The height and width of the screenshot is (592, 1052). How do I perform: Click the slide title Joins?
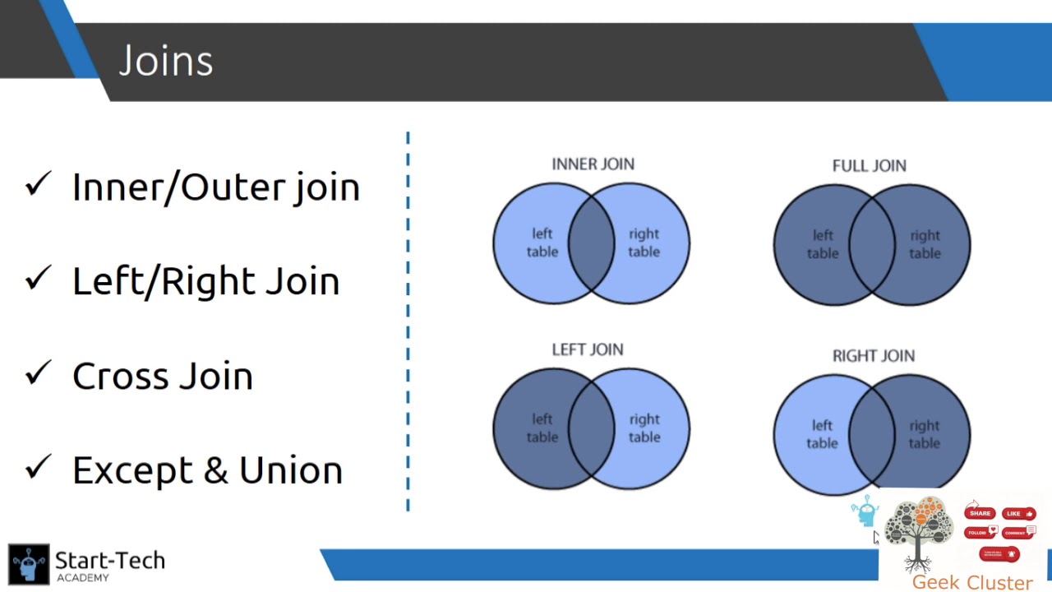(x=166, y=62)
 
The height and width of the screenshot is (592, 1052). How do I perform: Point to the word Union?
(x=290, y=470)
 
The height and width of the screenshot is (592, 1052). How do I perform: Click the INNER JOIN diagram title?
(x=593, y=164)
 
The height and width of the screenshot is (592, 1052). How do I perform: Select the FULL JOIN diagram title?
(x=869, y=166)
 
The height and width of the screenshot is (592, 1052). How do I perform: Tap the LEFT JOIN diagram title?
(x=587, y=350)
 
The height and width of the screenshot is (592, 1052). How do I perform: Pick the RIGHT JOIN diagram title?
(x=873, y=356)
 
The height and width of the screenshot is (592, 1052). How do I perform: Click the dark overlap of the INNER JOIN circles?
(x=592, y=243)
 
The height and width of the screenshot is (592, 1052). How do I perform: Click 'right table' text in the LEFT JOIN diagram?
(x=644, y=428)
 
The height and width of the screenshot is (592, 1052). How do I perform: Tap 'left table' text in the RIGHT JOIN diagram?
(x=822, y=434)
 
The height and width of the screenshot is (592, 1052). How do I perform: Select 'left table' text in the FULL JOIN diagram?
(x=823, y=244)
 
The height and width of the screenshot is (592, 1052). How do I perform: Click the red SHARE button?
(x=980, y=513)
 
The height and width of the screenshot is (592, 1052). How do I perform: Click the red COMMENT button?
(x=1017, y=533)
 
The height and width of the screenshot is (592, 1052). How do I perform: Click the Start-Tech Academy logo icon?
(x=30, y=564)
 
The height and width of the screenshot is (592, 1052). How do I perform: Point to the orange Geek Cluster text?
(x=971, y=582)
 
